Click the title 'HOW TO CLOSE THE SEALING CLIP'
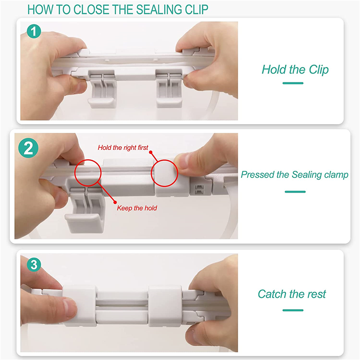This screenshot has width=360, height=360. (118, 9)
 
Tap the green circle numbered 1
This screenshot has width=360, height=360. (34, 31)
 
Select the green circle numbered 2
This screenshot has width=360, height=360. (28, 148)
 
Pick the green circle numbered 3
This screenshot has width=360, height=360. (34, 265)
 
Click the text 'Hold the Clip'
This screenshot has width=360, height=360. (295, 70)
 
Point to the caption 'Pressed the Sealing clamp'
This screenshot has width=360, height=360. (295, 175)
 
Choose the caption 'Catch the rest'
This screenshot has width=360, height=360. (292, 294)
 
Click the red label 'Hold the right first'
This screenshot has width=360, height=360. (123, 148)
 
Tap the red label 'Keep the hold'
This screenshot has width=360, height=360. (137, 208)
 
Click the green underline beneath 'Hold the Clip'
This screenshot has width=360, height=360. (293, 83)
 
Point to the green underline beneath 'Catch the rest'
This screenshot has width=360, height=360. (293, 310)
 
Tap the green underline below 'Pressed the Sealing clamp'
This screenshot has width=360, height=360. (295, 192)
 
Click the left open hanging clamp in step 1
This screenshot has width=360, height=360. (102, 89)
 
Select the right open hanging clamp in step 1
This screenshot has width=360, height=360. (169, 89)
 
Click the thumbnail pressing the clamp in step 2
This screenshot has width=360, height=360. (182, 162)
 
